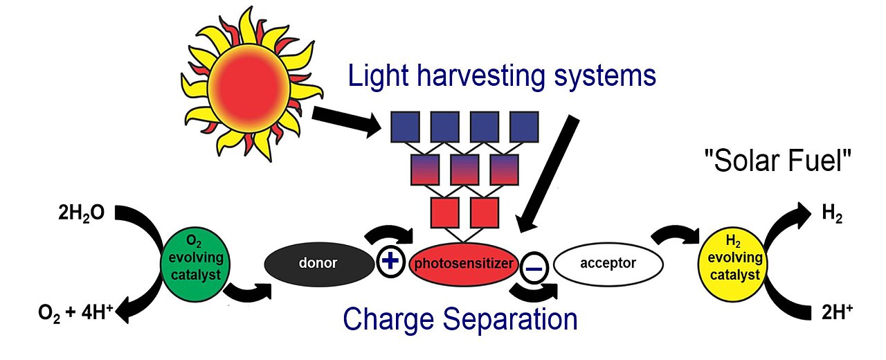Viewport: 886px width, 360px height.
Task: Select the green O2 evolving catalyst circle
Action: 195,264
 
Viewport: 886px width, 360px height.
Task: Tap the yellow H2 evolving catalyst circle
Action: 733,264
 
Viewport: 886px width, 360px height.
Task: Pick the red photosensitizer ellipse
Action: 463,264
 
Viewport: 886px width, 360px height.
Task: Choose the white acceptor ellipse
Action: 608,264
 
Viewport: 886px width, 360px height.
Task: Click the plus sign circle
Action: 390,262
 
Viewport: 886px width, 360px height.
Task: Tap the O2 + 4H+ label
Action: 76,313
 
